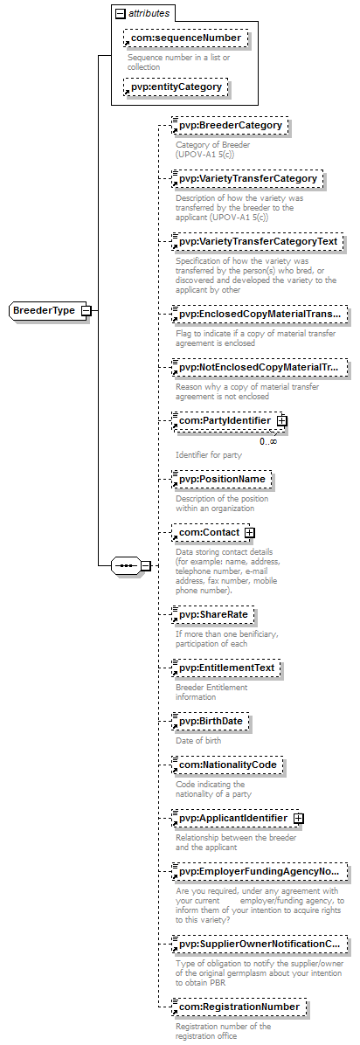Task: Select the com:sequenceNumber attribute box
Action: pyautogui.click(x=185, y=38)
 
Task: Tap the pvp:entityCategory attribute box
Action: pyautogui.click(x=176, y=87)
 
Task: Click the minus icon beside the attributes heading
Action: pyautogui.click(x=120, y=12)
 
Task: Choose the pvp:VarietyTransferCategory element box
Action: pyautogui.click(x=246, y=179)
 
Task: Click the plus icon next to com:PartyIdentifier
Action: pyautogui.click(x=281, y=421)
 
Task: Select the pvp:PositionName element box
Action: pyautogui.click(x=221, y=479)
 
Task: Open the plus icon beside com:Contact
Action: pyautogui.click(x=249, y=533)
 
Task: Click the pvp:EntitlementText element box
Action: pyautogui.click(x=226, y=668)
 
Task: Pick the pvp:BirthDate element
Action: pyautogui.click(x=210, y=722)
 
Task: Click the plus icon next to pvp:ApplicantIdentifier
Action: pyautogui.click(x=298, y=818)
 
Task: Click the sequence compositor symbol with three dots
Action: pyautogui.click(x=125, y=566)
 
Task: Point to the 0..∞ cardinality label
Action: pyautogui.click(x=269, y=439)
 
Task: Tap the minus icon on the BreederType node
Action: pyautogui.click(x=86, y=310)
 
